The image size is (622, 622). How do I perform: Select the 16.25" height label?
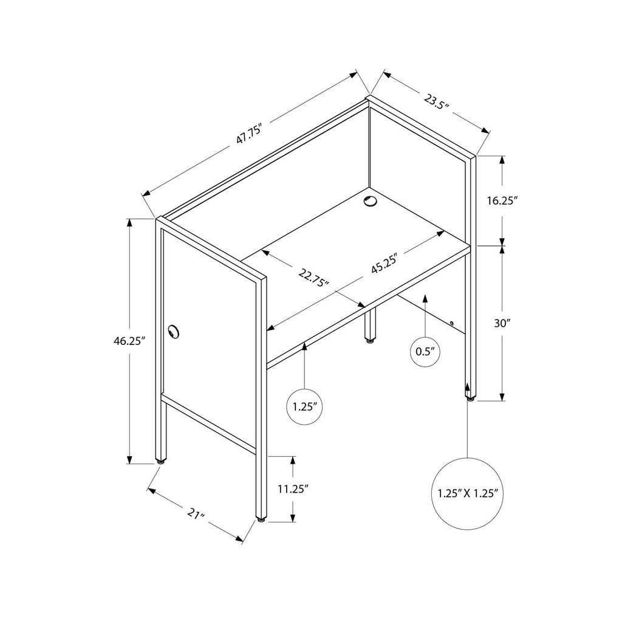[x=502, y=201]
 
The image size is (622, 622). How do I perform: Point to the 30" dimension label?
[x=501, y=323]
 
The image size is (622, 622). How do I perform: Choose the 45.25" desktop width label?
[x=384, y=262]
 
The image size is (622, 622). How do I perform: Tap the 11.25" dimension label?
[x=293, y=489]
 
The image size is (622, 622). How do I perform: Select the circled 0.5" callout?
[x=425, y=352]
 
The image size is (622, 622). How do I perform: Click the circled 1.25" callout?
[x=304, y=407]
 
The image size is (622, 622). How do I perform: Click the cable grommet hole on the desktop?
[x=371, y=201]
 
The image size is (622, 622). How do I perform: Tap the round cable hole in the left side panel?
[x=173, y=331]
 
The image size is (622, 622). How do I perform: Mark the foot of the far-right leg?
[x=470, y=398]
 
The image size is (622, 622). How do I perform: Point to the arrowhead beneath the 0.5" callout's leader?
[x=425, y=298]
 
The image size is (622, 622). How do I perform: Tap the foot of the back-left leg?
[x=160, y=461]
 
